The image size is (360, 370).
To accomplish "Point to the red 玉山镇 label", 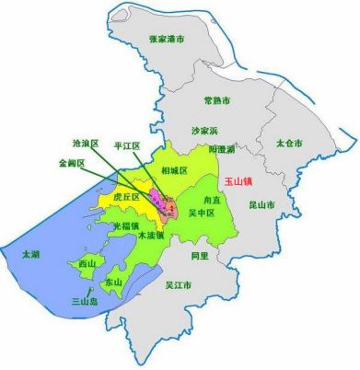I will [238, 182].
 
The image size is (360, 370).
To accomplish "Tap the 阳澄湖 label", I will [222, 148].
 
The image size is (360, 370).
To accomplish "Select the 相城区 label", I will [174, 171].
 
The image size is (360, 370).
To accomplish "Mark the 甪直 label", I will [212, 198].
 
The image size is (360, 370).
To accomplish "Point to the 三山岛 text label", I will [87, 300].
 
